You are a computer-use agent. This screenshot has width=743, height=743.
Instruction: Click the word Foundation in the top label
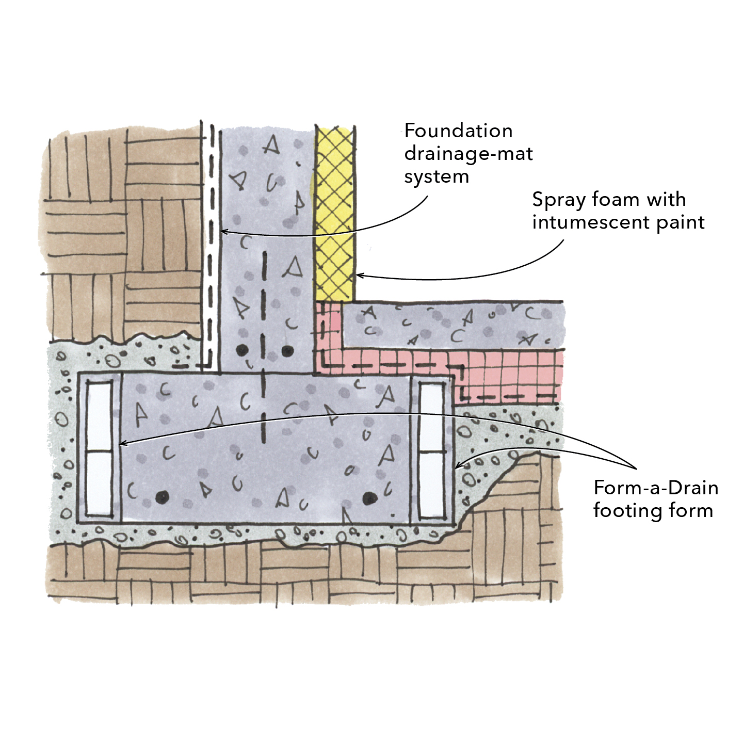click(458, 131)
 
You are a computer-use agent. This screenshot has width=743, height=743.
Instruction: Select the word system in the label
click(437, 176)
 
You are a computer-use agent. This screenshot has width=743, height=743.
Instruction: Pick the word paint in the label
click(681, 222)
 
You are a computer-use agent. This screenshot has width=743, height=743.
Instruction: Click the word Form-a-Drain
click(655, 488)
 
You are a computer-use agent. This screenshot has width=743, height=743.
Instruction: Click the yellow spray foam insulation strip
click(335, 212)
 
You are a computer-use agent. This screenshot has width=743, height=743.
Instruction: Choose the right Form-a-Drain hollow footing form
click(431, 449)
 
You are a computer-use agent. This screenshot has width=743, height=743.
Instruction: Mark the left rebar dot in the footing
click(163, 497)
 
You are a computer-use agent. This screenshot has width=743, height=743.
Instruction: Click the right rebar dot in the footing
click(368, 498)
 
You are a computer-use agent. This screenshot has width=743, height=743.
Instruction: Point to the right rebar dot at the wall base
click(287, 351)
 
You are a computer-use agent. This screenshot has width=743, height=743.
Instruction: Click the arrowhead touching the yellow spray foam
click(360, 276)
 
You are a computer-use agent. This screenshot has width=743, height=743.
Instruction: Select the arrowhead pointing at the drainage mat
click(223, 232)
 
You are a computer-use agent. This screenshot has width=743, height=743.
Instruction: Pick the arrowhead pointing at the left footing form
click(123, 443)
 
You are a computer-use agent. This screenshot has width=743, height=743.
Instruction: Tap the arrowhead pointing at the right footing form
click(458, 466)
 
